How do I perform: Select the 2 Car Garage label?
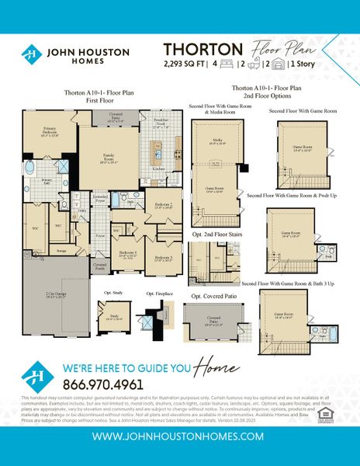pos(54,294)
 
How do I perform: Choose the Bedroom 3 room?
pos(162,259)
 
